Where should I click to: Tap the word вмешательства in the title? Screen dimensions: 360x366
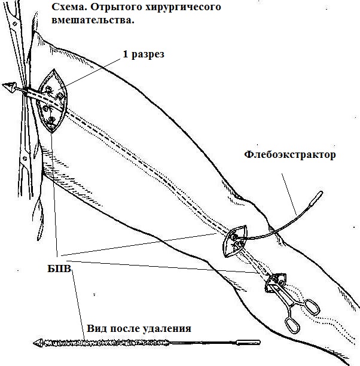tap(93, 20)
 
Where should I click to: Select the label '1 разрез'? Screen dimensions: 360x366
tap(144, 54)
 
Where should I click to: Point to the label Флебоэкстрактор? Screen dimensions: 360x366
tap(290, 154)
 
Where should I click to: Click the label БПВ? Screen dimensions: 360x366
tap(59, 269)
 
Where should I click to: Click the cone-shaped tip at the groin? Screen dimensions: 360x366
tap(9, 87)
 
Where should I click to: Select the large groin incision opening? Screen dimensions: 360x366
tap(52, 101)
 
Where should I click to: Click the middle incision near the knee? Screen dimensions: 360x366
tap(235, 241)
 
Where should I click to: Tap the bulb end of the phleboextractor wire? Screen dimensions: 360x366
tap(316, 198)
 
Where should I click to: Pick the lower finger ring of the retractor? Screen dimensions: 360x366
tap(292, 325)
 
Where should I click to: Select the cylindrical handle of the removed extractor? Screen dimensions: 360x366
tap(248, 343)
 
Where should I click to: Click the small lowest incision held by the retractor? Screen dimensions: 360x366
tap(276, 281)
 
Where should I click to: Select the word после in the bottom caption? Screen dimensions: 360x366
tap(124, 329)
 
